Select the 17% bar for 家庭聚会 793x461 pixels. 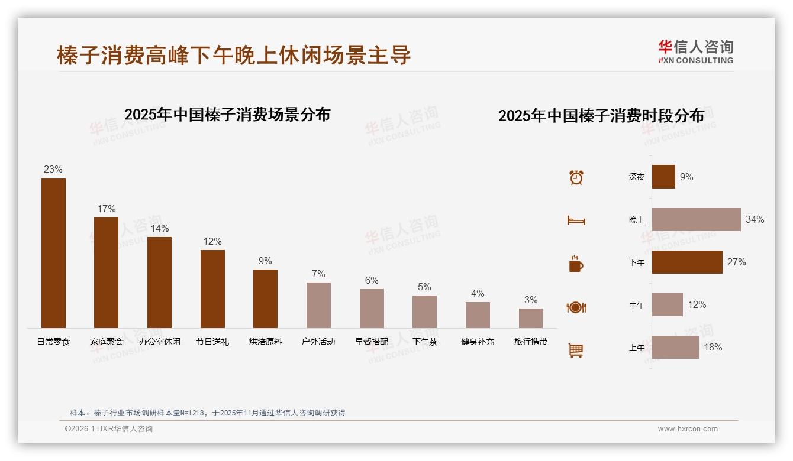pyautogui.click(x=106, y=272)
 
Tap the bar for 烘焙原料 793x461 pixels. pyautogui.click(x=265, y=298)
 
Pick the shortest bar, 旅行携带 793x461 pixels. pyautogui.click(x=531, y=318)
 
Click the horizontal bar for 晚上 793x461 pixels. pyautogui.click(x=696, y=219)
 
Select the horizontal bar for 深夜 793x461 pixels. pyautogui.click(x=663, y=177)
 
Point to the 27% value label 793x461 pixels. pyautogui.click(x=737, y=262)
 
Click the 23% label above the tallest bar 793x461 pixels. pyautogui.click(x=53, y=170)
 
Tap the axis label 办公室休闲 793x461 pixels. pyautogui.click(x=159, y=342)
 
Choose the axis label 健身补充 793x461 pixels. pyautogui.click(x=478, y=342)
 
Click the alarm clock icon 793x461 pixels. pyautogui.click(x=576, y=177)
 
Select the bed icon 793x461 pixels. pyautogui.click(x=576, y=220)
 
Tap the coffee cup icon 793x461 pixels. pyautogui.click(x=576, y=264)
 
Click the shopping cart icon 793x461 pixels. pyautogui.click(x=576, y=350)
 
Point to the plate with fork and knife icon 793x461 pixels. pyautogui.click(x=576, y=307)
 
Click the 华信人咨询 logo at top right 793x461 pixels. pyautogui.click(x=695, y=51)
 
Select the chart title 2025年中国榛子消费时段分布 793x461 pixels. pyautogui.click(x=601, y=116)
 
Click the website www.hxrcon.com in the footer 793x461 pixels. pyautogui.click(x=688, y=429)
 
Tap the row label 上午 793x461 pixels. pyautogui.click(x=637, y=348)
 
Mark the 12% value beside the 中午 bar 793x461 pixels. pyautogui.click(x=697, y=305)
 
